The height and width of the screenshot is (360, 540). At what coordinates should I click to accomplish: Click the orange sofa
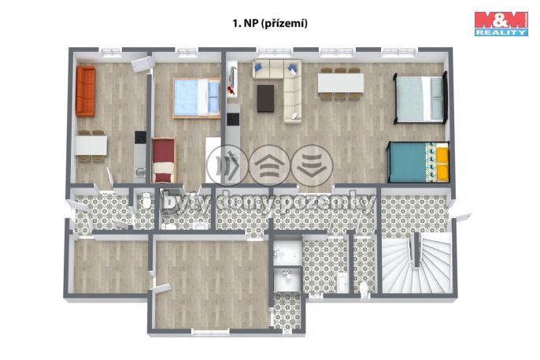[85, 91]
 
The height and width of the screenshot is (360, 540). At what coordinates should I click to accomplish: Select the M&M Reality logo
[500, 24]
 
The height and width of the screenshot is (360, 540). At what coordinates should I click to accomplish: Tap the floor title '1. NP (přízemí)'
[269, 24]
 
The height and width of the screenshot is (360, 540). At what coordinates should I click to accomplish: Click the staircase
[417, 265]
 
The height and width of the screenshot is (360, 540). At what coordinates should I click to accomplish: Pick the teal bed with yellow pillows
[417, 161]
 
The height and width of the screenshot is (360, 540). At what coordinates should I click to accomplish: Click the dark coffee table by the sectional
[267, 97]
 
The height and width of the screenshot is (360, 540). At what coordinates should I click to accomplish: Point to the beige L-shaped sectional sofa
[284, 87]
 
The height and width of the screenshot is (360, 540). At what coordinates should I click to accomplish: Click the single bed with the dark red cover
[165, 155]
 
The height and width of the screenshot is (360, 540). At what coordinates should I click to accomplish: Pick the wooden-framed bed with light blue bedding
[194, 98]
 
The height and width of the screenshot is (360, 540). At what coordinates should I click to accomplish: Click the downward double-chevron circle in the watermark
[312, 165]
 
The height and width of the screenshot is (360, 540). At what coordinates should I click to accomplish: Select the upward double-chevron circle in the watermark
[270, 165]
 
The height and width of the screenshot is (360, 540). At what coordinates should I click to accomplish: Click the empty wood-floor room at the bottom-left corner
[109, 265]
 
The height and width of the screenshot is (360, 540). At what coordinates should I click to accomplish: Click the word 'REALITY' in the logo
[500, 34]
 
